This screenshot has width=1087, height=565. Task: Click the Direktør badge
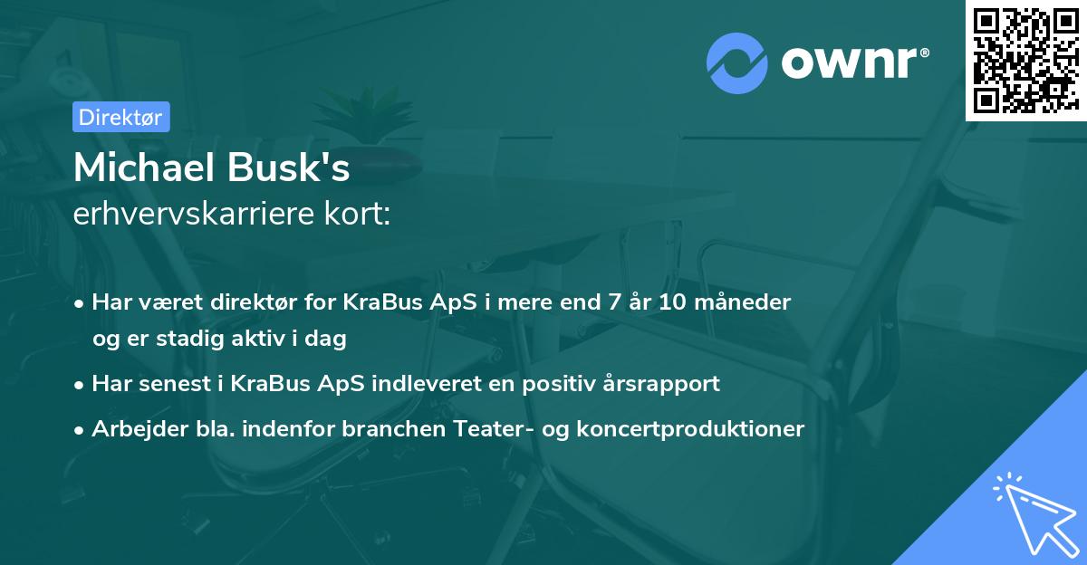120,117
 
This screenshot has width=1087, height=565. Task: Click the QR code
1025,61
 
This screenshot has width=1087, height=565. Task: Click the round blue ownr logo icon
737,62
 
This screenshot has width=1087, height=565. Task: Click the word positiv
563,383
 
